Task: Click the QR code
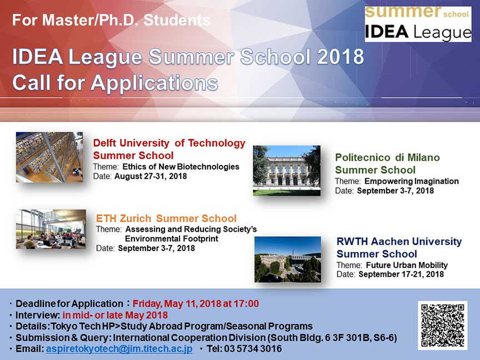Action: [x=442, y=325]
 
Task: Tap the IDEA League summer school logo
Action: [x=418, y=24]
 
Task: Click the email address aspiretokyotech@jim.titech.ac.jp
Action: [x=119, y=349]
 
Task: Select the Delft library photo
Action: [x=49, y=157]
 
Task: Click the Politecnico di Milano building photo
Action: [x=287, y=171]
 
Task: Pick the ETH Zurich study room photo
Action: [x=51, y=229]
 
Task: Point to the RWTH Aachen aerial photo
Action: [x=288, y=259]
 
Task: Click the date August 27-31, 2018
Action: [x=151, y=176]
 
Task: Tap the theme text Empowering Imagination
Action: [x=412, y=181]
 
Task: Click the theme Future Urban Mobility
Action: [x=407, y=265]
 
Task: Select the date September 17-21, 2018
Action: [x=401, y=274]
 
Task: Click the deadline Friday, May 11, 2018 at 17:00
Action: [x=196, y=304]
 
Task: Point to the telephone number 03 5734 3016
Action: [x=253, y=349]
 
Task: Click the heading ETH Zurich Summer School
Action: [x=166, y=218]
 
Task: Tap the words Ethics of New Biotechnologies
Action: [x=181, y=167]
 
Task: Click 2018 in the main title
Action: [x=341, y=57]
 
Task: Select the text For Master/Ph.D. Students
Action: [x=112, y=20]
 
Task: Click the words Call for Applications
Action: [x=116, y=83]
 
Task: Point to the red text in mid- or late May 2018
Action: [x=115, y=315]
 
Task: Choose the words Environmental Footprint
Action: [x=172, y=239]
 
